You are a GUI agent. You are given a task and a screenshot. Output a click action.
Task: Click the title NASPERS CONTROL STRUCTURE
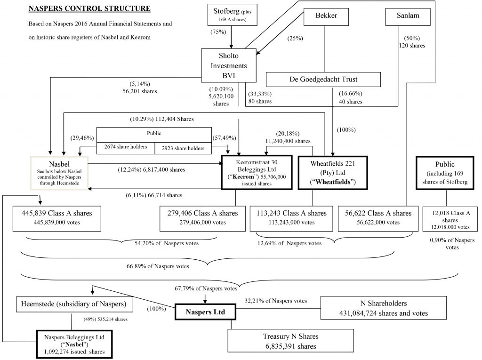tap(89, 8)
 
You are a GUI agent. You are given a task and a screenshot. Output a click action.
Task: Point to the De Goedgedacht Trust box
tap(324, 80)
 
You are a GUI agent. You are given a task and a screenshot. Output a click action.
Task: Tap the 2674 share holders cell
tap(126, 148)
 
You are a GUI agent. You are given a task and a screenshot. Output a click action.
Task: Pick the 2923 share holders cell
tap(184, 148)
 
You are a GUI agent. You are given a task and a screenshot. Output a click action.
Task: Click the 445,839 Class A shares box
tap(57, 217)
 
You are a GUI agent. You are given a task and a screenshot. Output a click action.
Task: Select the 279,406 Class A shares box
tap(202, 217)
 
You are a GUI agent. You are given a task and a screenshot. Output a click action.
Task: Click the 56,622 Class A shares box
tap(378, 217)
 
